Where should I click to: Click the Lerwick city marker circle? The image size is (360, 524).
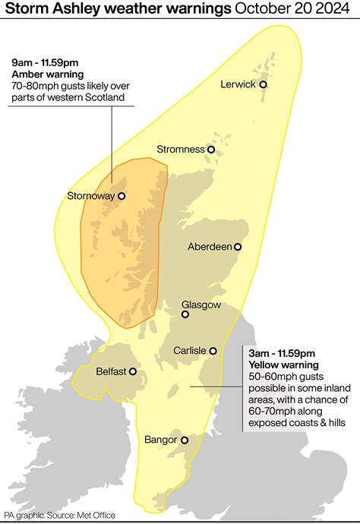point(263,85)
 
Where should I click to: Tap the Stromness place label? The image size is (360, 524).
point(181,150)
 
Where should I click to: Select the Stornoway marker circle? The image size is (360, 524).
point(121,196)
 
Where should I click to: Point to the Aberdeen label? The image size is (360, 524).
point(209,247)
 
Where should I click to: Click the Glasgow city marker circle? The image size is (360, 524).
point(185,314)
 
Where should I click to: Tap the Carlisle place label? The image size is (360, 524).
point(189,351)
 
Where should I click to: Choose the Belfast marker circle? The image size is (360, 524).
point(133,372)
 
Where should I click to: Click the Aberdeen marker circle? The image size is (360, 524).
point(238,247)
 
